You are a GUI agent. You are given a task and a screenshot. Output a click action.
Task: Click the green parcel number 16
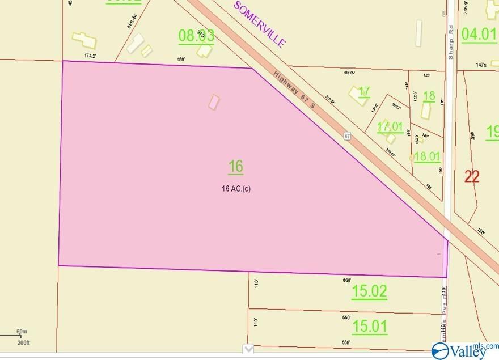click(x=236, y=167)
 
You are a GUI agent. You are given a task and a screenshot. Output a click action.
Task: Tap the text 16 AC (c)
click(x=236, y=189)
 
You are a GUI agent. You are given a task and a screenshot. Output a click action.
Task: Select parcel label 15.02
click(x=369, y=291)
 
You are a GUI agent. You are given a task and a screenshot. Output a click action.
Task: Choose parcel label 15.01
click(x=369, y=327)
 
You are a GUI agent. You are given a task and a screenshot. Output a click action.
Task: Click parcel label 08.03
click(x=196, y=36)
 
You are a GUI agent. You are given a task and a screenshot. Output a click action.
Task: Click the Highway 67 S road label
click(x=299, y=94)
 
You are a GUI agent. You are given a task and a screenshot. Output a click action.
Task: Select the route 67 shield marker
click(x=348, y=136)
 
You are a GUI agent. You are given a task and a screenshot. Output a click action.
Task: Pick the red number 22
click(x=472, y=176)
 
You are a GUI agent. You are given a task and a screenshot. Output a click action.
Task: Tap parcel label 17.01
click(x=390, y=126)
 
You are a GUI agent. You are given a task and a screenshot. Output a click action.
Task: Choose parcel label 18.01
click(x=428, y=156)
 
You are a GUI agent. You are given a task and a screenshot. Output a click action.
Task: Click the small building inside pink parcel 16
click(x=214, y=102)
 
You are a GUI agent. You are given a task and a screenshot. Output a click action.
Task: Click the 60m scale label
click(x=22, y=331)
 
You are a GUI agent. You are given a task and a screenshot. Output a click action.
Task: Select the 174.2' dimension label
click(x=91, y=56)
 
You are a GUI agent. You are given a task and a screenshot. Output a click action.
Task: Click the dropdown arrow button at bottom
click(x=248, y=348)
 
